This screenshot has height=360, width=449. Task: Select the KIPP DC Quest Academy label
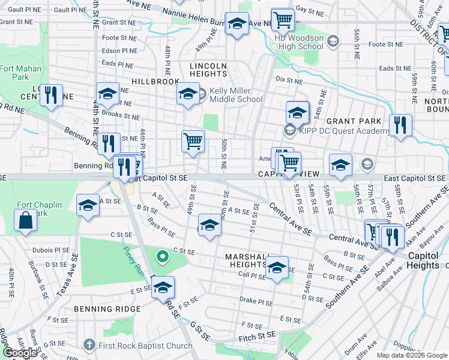point(340,131)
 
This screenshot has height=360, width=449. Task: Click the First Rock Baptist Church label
point(146,345)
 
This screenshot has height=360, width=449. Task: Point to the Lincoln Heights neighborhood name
point(208,70)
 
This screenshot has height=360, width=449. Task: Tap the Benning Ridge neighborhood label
point(107,309)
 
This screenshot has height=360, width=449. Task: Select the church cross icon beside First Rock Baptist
point(89,345)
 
